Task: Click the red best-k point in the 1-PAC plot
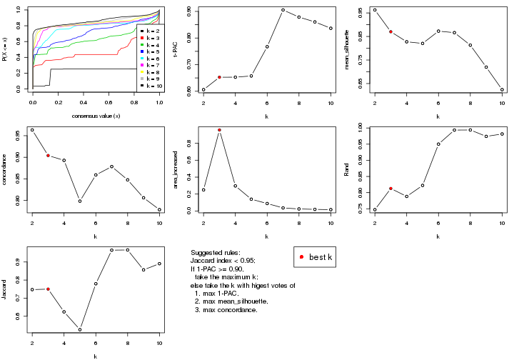pyautogui.click(x=219, y=77)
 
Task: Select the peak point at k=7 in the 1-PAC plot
pyautogui.click(x=283, y=10)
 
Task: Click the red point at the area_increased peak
pyautogui.click(x=219, y=130)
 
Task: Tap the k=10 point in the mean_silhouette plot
pyautogui.click(x=502, y=90)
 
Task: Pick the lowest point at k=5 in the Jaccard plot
pyautogui.click(x=80, y=329)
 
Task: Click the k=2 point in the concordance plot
pyautogui.click(x=32, y=130)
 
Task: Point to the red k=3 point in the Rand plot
pyautogui.click(x=390, y=189)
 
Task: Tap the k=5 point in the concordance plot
pyautogui.click(x=80, y=201)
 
